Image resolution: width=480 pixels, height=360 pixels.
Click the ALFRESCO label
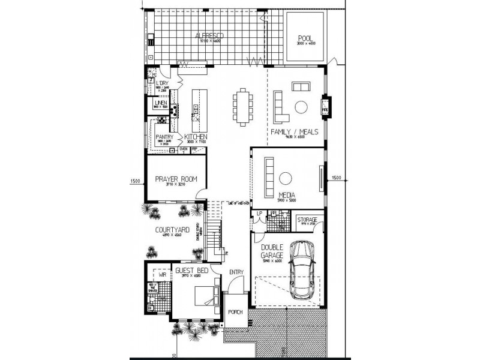pyautogui.click(x=209, y=37)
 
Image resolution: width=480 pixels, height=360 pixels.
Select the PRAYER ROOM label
pyautogui.click(x=176, y=179)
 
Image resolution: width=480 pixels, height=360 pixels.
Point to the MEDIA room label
pyautogui.click(x=286, y=195)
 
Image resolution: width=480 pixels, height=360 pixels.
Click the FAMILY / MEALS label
pyautogui.click(x=294, y=131)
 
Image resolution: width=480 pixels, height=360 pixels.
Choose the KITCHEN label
pyautogui.click(x=196, y=137)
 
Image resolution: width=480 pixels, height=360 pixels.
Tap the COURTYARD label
pyautogui.click(x=172, y=230)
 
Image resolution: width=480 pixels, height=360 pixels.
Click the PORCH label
pyautogui.click(x=235, y=312)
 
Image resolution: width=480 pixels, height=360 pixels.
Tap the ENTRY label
pyautogui.click(x=236, y=272)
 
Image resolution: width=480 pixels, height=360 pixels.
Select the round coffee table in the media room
pyautogui.click(x=286, y=178)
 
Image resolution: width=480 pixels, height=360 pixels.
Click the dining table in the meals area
pyautogui.click(x=242, y=107)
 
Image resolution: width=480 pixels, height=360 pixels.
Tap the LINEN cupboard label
pyautogui.click(x=160, y=104)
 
